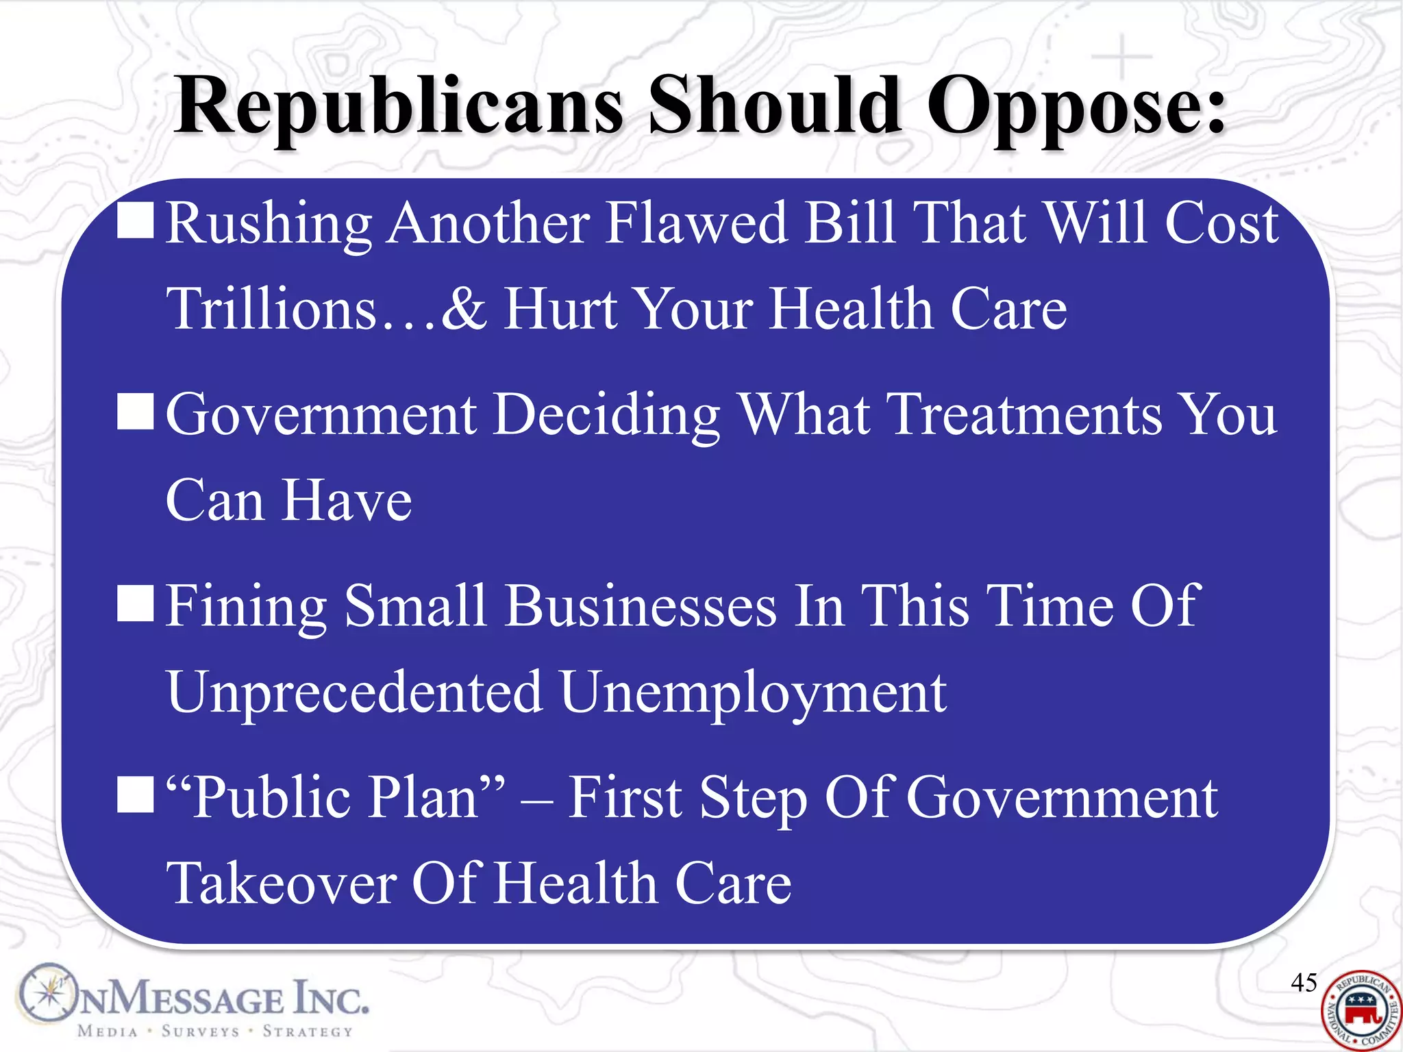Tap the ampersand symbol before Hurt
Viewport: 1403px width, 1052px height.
464,308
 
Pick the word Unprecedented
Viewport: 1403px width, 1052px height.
355,692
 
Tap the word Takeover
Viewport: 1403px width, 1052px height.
281,884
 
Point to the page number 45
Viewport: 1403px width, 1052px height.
1304,982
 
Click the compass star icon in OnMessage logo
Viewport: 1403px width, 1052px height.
47,992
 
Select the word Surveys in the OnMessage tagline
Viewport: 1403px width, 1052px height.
200,1031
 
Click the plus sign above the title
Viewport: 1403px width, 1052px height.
1121,56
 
